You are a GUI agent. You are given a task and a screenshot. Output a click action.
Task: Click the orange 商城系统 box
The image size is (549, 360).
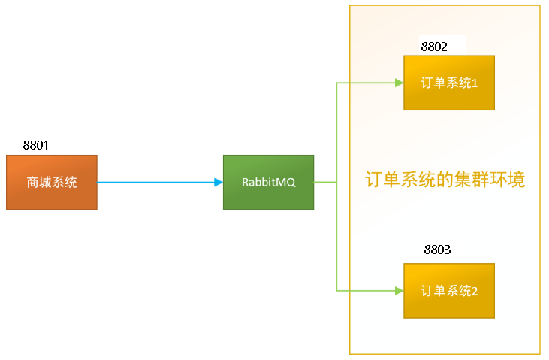[x=51, y=182]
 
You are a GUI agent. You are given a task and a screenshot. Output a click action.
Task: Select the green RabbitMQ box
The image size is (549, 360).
[x=268, y=182]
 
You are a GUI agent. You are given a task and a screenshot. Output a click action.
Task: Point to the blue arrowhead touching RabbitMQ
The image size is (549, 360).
[x=219, y=182]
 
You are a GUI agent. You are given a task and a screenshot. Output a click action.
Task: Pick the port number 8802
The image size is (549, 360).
[x=434, y=47]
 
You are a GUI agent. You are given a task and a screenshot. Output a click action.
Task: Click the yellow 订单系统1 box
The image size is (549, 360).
[x=449, y=83]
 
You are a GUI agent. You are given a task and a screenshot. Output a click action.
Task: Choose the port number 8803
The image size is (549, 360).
[x=437, y=250]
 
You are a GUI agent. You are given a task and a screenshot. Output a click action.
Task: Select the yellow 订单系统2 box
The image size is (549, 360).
[x=449, y=290]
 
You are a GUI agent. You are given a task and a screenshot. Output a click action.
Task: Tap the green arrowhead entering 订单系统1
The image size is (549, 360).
[x=399, y=83]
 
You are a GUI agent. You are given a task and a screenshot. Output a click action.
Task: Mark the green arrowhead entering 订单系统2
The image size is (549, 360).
[x=399, y=290]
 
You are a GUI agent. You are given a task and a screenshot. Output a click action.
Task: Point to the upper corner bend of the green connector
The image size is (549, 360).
[x=336, y=83]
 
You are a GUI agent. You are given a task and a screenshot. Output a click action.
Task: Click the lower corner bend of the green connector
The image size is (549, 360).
[x=336, y=290]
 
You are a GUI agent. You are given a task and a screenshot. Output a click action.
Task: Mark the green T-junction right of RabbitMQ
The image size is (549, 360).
[x=336, y=182]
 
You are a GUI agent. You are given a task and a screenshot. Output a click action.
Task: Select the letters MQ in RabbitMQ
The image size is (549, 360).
[x=286, y=183]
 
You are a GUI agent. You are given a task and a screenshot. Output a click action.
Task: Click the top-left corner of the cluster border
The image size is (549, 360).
[x=350, y=6]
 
